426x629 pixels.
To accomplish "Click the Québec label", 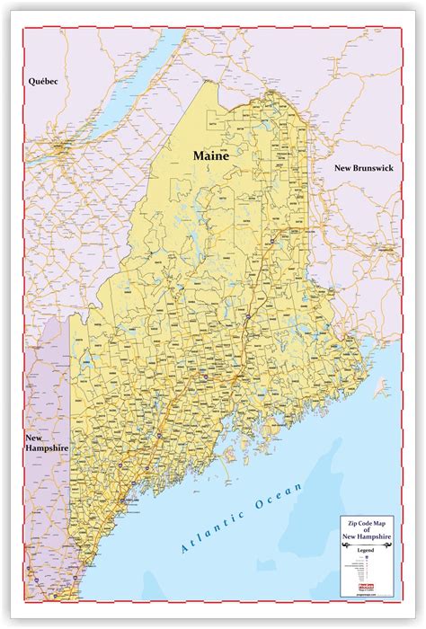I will pyautogui.click(x=42, y=81).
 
